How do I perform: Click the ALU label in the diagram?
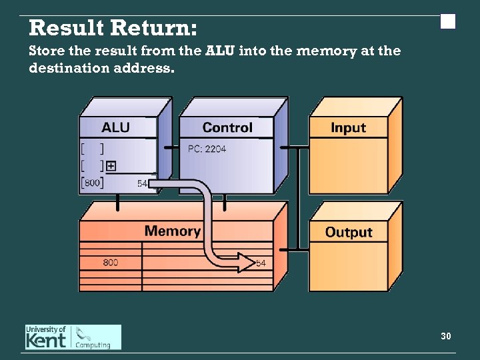[x=115, y=127]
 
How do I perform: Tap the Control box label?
[x=227, y=127]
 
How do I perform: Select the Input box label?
[x=348, y=127]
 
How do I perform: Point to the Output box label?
[x=348, y=232]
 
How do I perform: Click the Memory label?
[x=172, y=231]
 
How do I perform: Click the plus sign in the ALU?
[x=111, y=166]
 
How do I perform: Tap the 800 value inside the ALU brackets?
[x=92, y=182]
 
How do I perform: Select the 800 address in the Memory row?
[x=111, y=263]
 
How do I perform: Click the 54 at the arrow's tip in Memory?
[x=261, y=263]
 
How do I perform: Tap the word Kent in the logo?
[x=46, y=341]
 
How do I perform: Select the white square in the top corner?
[x=448, y=22]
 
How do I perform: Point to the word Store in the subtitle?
[x=46, y=51]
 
